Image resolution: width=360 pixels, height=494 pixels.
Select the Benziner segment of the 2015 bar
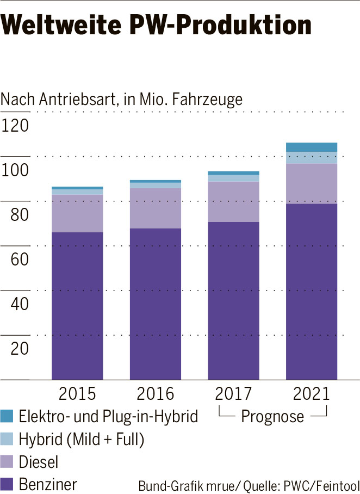[77, 305]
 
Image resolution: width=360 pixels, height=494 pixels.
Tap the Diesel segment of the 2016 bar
[155, 208]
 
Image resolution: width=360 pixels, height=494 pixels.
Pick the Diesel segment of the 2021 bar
[312, 183]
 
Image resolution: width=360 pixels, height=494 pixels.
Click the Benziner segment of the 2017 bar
[233, 299]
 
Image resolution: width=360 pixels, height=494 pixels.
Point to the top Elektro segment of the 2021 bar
[312, 147]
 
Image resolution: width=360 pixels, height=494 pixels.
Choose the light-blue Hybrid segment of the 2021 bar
[312, 158]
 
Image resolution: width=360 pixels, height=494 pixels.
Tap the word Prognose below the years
[272, 417]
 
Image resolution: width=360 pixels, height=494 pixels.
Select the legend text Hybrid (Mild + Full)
[81, 440]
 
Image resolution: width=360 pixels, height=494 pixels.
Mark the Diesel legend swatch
[7, 462]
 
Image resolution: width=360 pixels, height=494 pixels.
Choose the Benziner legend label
[48, 484]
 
